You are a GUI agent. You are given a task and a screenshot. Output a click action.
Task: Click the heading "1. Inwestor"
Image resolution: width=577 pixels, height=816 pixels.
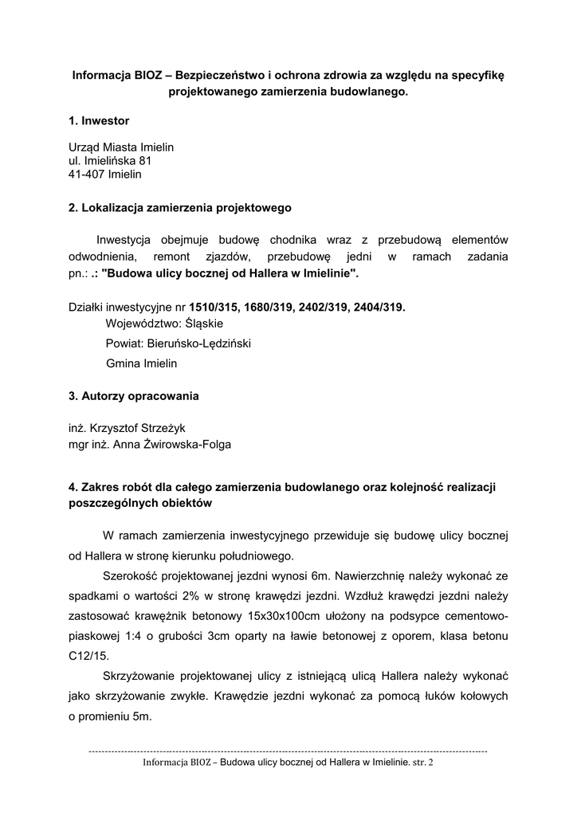click(x=99, y=121)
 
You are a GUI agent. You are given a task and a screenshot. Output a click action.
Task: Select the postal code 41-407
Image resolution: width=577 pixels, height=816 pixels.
click(x=87, y=174)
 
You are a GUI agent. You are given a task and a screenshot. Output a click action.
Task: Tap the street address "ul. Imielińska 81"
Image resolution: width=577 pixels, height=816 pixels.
click(x=109, y=160)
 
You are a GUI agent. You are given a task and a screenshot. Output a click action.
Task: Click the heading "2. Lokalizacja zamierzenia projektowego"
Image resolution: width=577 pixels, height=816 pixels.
click(x=180, y=208)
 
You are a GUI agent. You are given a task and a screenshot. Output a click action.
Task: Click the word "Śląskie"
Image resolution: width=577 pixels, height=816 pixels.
click(x=204, y=324)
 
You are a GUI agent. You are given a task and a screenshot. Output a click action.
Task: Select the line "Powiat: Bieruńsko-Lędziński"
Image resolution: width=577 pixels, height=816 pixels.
click(x=183, y=343)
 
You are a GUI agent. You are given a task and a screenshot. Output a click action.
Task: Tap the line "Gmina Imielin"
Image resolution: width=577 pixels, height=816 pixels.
click(x=142, y=363)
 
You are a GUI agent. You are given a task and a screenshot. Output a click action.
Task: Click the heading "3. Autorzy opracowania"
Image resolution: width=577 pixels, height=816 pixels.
click(x=134, y=395)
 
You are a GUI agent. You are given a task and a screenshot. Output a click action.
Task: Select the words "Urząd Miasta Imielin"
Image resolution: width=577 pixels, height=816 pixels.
click(x=121, y=147)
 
